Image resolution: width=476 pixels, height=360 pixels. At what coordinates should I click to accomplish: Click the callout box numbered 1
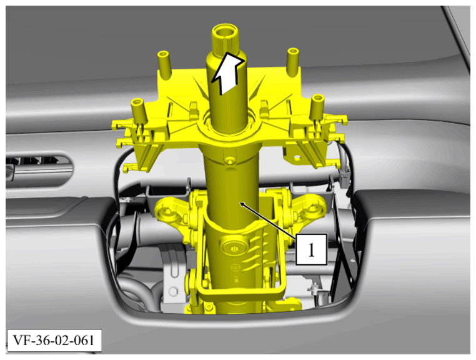[312, 249]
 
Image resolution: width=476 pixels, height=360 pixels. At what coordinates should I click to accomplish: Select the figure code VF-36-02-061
[54, 341]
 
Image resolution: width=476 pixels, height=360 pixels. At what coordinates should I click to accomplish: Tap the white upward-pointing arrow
[228, 73]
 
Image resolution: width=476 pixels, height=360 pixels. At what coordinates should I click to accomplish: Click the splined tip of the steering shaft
[225, 39]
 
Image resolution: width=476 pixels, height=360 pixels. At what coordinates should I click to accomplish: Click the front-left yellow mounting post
[139, 111]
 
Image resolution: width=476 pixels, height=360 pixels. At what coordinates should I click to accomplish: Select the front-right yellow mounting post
[317, 108]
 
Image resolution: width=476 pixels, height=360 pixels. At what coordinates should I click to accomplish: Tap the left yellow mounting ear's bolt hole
[166, 211]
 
